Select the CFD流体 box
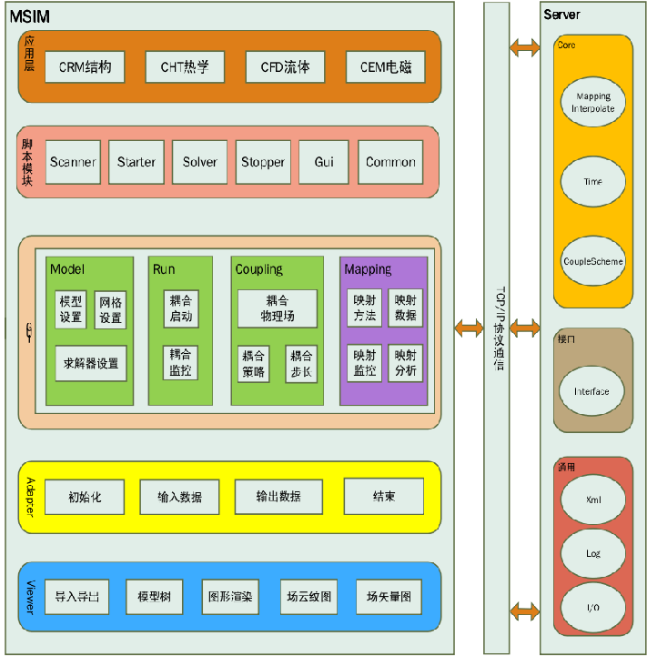(x=285, y=66)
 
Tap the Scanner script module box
(x=73, y=162)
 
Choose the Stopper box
(x=263, y=162)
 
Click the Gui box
(x=324, y=162)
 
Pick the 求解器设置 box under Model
(x=90, y=363)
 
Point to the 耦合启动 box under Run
(x=180, y=308)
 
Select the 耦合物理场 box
(x=277, y=308)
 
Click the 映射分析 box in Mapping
(x=406, y=363)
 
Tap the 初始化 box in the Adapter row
(x=84, y=497)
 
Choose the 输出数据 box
(x=277, y=497)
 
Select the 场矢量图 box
(x=389, y=597)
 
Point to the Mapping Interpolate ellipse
(x=592, y=102)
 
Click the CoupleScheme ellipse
(x=592, y=261)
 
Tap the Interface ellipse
(x=591, y=391)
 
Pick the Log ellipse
(x=592, y=553)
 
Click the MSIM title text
(x=29, y=15)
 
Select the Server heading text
(x=561, y=15)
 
